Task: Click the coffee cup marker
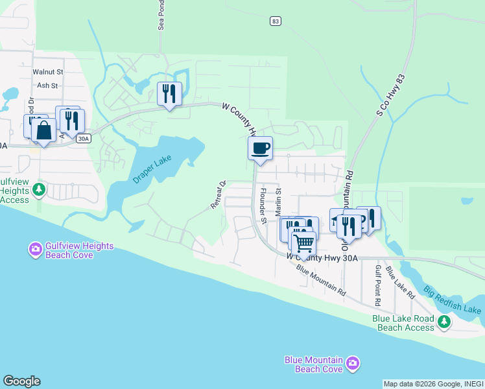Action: [x=260, y=149]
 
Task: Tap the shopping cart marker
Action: [x=303, y=244]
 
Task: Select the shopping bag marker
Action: [x=43, y=131]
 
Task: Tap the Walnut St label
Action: [x=49, y=72]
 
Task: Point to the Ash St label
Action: [x=47, y=85]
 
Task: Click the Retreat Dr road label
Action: [x=218, y=194]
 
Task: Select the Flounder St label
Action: [x=263, y=206]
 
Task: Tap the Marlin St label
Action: [x=279, y=202]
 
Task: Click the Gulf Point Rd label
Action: [x=377, y=285]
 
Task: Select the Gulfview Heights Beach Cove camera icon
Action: [x=36, y=248]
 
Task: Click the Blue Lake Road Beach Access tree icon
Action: [x=444, y=321]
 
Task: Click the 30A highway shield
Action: [x=83, y=138]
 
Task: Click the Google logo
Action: [x=21, y=381]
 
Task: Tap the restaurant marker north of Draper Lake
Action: [x=169, y=94]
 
